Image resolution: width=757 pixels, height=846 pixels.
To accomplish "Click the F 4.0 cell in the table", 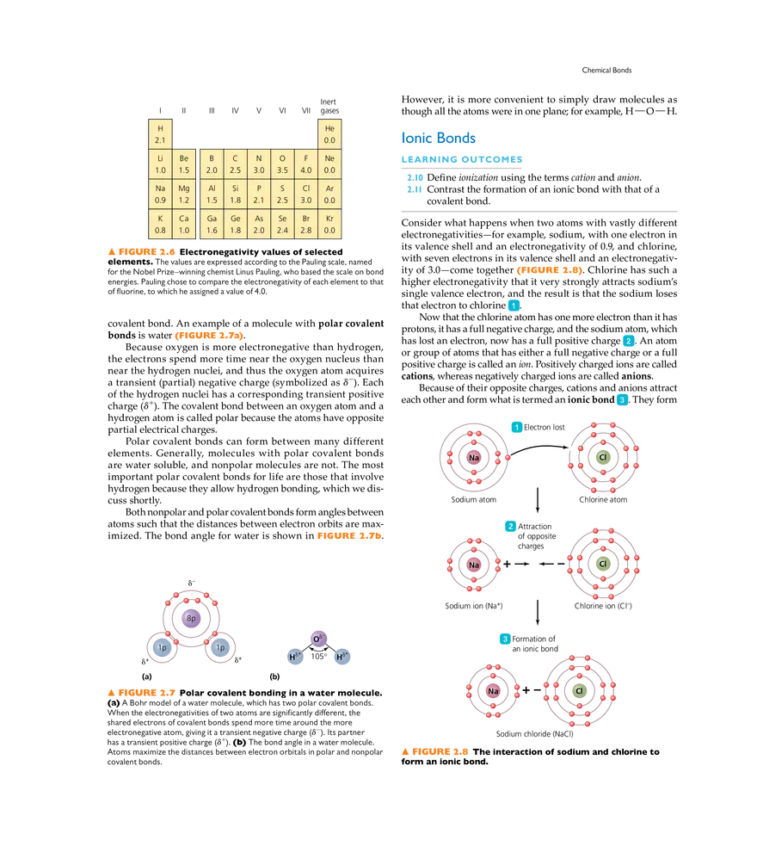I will (306, 164).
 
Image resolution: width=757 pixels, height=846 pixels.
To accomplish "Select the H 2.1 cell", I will (160, 133).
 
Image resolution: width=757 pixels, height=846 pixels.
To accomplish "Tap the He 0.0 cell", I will (329, 133).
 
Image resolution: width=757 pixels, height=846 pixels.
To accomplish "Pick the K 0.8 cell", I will (160, 224).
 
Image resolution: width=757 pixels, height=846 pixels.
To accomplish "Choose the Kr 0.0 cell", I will (329, 224).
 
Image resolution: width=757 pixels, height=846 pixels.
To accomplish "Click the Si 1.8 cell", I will (236, 194).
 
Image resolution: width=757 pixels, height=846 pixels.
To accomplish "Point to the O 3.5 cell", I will (282, 164).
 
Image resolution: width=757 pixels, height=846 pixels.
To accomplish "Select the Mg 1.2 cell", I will (184, 194).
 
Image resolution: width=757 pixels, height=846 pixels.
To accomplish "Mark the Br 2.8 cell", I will (306, 224).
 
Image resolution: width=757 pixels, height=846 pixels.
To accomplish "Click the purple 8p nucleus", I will (191, 618).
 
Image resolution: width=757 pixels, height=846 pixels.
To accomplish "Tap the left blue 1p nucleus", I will (162, 647).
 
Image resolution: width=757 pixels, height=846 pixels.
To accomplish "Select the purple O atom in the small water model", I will (317, 639).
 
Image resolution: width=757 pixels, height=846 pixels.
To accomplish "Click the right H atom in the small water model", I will (342, 657).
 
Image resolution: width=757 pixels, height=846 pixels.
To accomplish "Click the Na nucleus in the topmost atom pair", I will (473, 457).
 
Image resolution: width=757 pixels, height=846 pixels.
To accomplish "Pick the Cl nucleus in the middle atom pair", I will (602, 564).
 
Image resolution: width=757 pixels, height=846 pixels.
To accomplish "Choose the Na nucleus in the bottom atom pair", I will (493, 690).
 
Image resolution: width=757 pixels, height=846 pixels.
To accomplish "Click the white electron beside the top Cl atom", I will (571, 448).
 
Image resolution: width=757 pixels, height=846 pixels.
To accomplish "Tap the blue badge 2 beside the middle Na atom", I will (510, 526).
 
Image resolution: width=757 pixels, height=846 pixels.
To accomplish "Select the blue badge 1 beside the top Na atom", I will (516, 426).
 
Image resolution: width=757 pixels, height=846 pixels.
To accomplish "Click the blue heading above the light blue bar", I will (440, 138).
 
